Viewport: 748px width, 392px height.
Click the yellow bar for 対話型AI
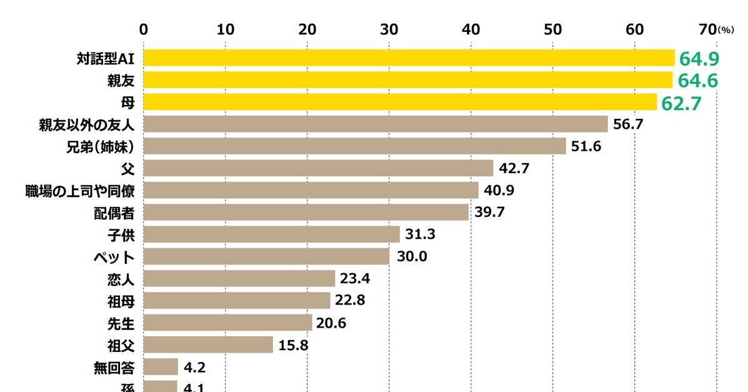click(x=409, y=58)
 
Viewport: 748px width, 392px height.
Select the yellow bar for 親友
click(x=408, y=80)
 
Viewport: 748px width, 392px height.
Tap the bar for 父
click(x=318, y=168)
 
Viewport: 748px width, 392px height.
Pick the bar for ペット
click(x=266, y=256)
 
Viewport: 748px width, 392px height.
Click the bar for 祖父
click(x=208, y=344)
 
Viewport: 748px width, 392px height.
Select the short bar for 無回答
click(x=161, y=366)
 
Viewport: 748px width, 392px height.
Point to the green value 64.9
click(x=700, y=59)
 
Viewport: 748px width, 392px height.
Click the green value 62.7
click(x=682, y=103)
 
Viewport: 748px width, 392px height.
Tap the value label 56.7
click(x=629, y=124)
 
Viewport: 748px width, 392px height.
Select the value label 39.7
click(x=489, y=213)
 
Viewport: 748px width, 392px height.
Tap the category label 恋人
click(x=121, y=279)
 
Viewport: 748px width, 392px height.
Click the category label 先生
click(x=121, y=323)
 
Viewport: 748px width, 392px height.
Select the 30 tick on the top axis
click(x=389, y=29)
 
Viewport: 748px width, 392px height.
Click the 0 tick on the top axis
click(x=144, y=29)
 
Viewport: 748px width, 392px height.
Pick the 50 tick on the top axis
click(x=552, y=29)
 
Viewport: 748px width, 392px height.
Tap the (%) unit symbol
click(x=727, y=30)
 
